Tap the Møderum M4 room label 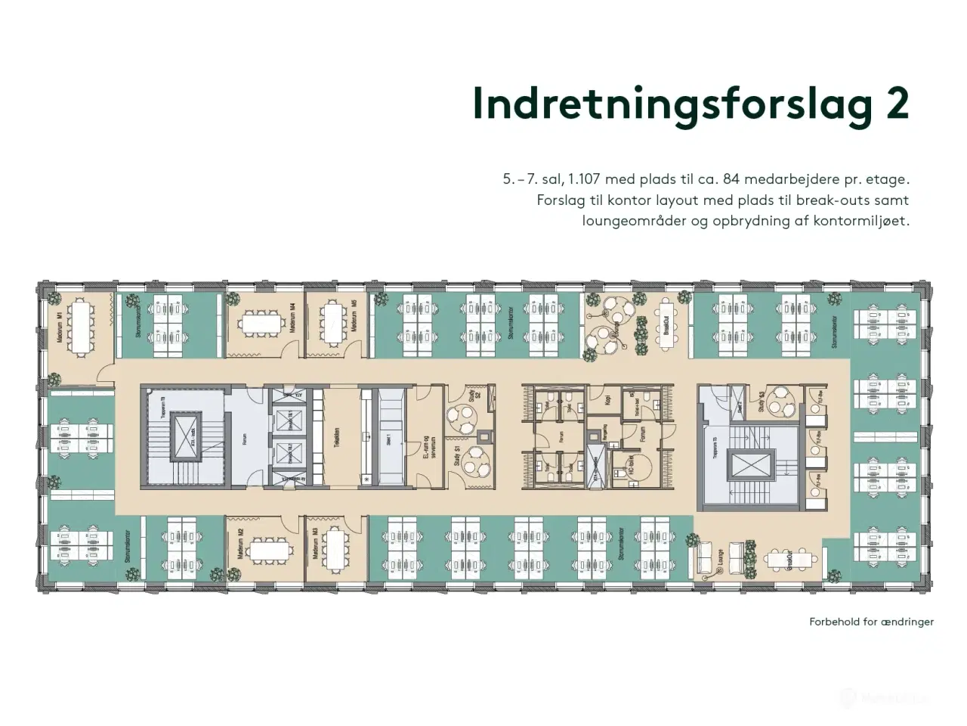pyautogui.click(x=292, y=318)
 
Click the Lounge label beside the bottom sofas pyautogui.click(x=721, y=557)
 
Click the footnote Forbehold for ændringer pyautogui.click(x=871, y=622)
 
